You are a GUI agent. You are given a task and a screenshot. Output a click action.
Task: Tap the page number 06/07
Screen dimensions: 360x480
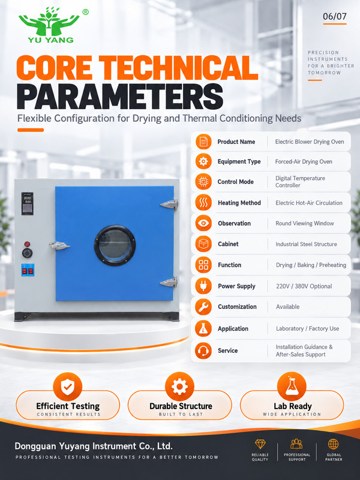pyautogui.click(x=335, y=16)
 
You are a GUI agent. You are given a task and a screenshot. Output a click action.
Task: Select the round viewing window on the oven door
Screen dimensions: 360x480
pyautogui.click(x=115, y=245)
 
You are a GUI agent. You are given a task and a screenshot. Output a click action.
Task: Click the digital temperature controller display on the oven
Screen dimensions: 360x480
pyautogui.click(x=28, y=203)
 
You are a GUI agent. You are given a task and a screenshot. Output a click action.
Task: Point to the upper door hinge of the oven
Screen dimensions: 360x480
pyautogui.click(x=169, y=204)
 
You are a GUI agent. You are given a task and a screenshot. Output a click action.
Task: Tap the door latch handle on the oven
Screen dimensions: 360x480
pyautogui.click(x=59, y=245)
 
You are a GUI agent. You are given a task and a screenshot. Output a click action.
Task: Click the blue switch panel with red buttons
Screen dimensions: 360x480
pyautogui.click(x=28, y=270)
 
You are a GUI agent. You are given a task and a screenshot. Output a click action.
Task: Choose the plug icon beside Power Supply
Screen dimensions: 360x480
pyautogui.click(x=203, y=286)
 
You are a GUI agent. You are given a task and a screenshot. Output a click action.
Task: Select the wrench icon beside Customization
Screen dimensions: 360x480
pyautogui.click(x=203, y=307)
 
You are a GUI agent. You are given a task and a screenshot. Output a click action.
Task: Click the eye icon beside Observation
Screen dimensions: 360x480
pyautogui.click(x=203, y=223)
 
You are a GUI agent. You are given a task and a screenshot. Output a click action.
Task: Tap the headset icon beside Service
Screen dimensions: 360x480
pyautogui.click(x=203, y=350)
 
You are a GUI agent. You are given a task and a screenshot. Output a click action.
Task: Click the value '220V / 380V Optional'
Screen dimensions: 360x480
pyautogui.click(x=304, y=286)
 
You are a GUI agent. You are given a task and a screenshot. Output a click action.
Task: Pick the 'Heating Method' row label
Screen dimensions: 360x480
pyautogui.click(x=239, y=203)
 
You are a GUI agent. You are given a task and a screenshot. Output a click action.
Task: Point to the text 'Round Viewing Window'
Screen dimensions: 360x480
pyautogui.click(x=305, y=223)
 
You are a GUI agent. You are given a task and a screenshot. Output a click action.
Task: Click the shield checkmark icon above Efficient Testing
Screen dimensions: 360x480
pyautogui.click(x=68, y=387)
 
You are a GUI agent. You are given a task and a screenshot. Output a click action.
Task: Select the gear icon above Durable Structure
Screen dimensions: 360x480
pyautogui.click(x=179, y=386)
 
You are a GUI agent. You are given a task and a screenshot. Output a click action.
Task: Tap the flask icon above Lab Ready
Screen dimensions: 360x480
pyautogui.click(x=292, y=386)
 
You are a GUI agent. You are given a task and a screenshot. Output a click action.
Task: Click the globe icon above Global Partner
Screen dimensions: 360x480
pyautogui.click(x=334, y=444)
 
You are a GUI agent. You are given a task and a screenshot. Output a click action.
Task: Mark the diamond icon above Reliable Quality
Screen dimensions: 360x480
pyautogui.click(x=260, y=444)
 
